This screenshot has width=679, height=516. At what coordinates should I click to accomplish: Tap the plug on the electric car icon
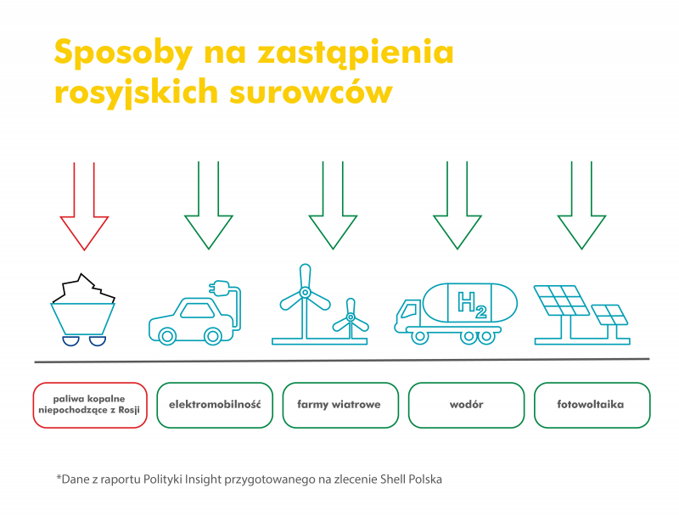[219, 289]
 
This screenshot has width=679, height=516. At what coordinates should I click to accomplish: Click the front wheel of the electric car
[167, 336]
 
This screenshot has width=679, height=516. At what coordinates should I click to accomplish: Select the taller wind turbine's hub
[306, 293]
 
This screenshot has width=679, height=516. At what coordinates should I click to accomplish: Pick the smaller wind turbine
[351, 318]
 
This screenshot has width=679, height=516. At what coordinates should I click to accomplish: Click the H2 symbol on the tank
[472, 304]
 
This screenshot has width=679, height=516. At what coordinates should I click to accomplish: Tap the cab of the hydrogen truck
[408, 312]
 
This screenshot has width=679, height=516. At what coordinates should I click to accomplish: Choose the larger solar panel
[562, 300]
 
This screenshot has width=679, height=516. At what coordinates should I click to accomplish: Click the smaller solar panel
[609, 315]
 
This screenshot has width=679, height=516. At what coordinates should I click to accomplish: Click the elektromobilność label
[215, 405]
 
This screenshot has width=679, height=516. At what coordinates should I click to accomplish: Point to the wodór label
[466, 405]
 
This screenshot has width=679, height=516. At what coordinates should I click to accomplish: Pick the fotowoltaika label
[591, 405]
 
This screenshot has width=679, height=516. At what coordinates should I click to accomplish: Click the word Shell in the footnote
[392, 480]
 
